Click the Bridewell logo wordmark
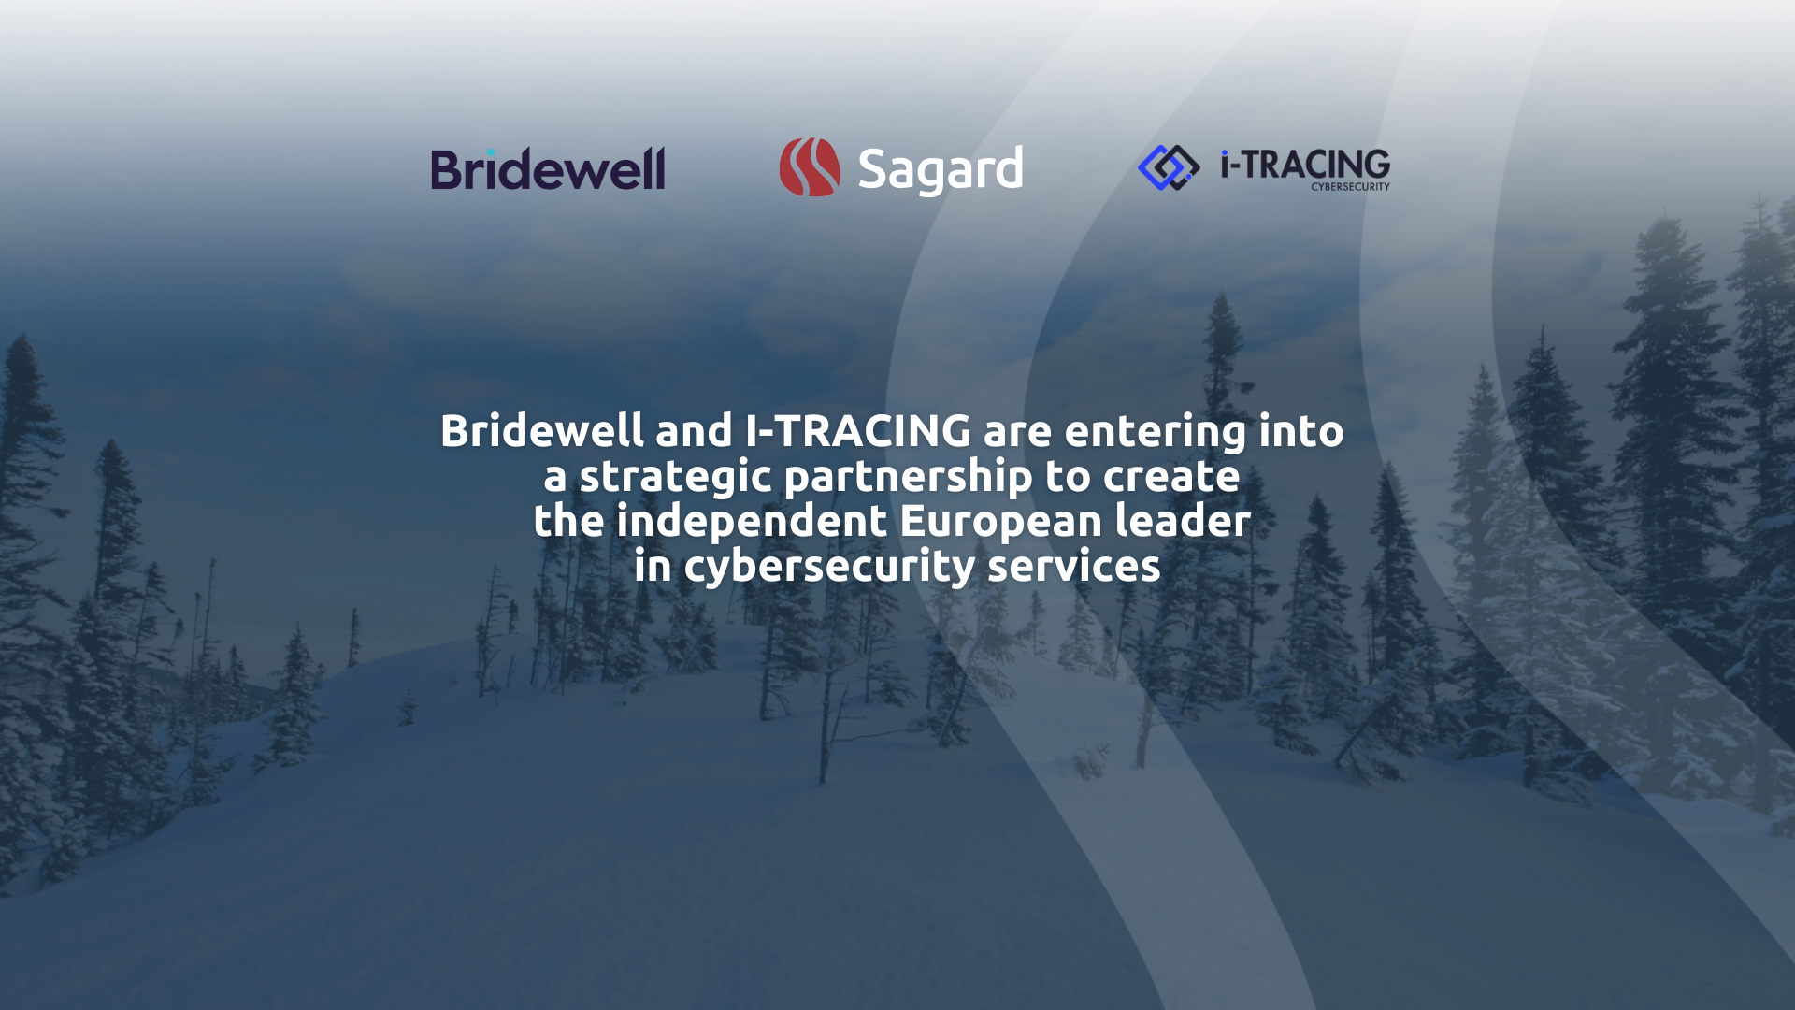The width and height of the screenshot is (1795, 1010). tap(548, 168)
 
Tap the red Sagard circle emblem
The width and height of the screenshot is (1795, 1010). tap(810, 167)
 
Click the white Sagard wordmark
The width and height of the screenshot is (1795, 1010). tap(941, 170)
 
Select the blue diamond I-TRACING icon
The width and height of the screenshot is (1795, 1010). tap(1169, 167)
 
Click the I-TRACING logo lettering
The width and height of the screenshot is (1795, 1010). tap(1305, 164)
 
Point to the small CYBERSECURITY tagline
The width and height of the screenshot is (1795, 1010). tap(1350, 187)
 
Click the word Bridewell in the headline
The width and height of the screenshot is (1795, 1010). tap(542, 431)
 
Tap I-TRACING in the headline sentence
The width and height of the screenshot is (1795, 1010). tap(858, 431)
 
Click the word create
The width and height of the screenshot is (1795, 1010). tap(1171, 477)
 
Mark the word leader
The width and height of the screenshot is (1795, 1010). tap(1183, 521)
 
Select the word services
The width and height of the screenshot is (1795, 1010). tap(1074, 567)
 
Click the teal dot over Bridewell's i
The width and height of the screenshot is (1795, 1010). tap(491, 151)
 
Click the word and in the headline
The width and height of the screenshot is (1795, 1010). tap(694, 431)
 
